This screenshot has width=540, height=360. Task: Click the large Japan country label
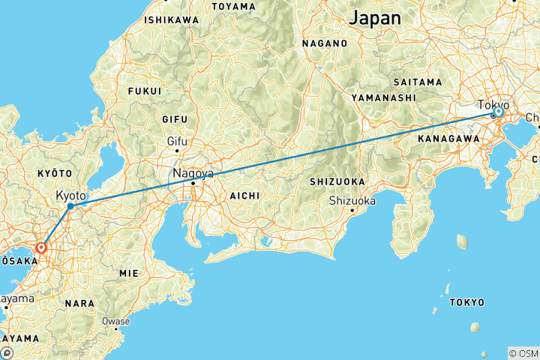pyautogui.click(x=375, y=17)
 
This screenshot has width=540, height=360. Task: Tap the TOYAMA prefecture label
pyautogui.click(x=233, y=6)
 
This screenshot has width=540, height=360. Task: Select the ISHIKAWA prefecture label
pyautogui.click(x=172, y=19)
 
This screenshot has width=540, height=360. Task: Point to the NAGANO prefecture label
pyautogui.click(x=325, y=43)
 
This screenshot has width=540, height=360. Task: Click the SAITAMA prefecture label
pyautogui.click(x=418, y=81)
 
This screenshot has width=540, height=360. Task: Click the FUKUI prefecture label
pyautogui.click(x=145, y=91)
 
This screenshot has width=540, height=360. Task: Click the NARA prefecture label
pyautogui.click(x=79, y=304)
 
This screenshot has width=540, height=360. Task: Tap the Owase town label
pyautogui.click(x=115, y=321)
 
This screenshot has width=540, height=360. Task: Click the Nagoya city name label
pyautogui.click(x=193, y=173)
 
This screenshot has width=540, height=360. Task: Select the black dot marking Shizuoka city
pyautogui.click(x=352, y=210)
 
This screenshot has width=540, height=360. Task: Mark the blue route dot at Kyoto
pyautogui.click(x=70, y=205)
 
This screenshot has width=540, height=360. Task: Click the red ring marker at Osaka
pyautogui.click(x=41, y=247)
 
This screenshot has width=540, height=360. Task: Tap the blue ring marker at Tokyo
pyautogui.click(x=498, y=112)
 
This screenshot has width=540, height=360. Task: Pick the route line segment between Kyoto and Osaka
pyautogui.click(x=55, y=226)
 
